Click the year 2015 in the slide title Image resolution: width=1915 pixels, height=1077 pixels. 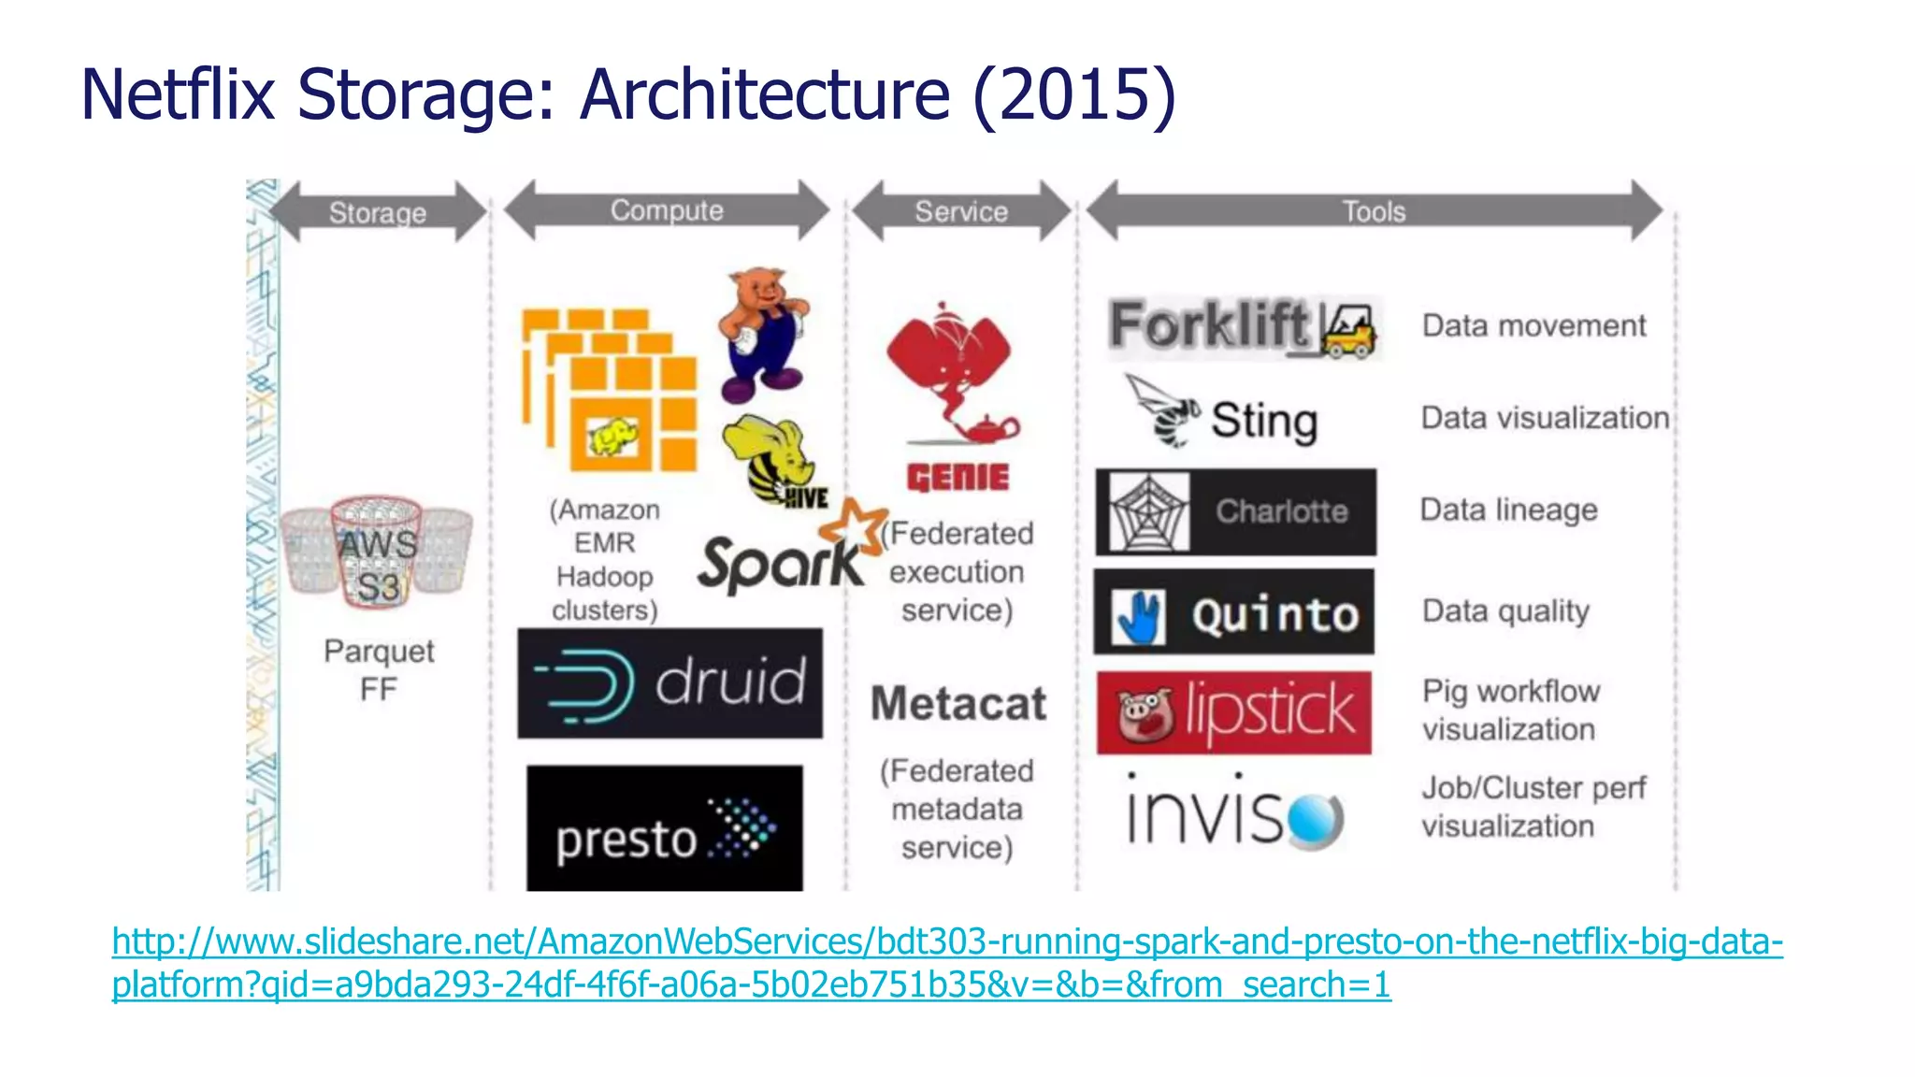(x=1074, y=95)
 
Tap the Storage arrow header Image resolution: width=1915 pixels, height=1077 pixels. (x=377, y=212)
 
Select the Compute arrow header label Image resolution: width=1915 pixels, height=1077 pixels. (x=666, y=210)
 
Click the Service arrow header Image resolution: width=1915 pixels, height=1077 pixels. (x=960, y=211)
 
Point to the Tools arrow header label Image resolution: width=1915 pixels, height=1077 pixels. (x=1373, y=211)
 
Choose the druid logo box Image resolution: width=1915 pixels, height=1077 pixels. (x=670, y=683)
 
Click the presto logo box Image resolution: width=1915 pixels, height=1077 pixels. (x=664, y=828)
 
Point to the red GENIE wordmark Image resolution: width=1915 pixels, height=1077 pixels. (x=957, y=478)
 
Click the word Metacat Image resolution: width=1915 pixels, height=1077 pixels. (x=958, y=703)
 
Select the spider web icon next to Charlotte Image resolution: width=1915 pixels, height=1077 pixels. (x=1148, y=512)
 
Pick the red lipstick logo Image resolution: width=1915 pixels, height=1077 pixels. (x=1233, y=712)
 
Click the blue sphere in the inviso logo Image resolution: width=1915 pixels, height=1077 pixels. (x=1315, y=820)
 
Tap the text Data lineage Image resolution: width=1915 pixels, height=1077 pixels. (x=1507, y=510)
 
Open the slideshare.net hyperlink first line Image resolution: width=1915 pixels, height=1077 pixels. (x=946, y=941)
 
